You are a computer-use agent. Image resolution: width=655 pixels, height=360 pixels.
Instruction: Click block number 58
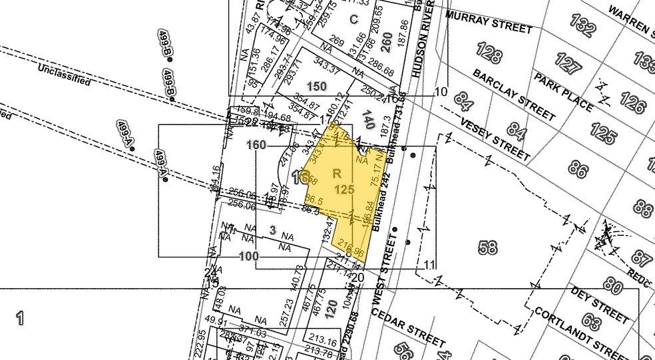click(x=488, y=247)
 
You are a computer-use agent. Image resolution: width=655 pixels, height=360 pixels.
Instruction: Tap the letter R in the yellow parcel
click(x=337, y=173)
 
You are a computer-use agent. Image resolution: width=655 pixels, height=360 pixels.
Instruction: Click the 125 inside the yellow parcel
click(x=344, y=190)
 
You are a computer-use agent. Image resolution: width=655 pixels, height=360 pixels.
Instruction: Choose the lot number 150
click(x=317, y=87)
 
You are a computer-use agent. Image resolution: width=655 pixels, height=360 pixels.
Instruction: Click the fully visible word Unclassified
click(x=64, y=75)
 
